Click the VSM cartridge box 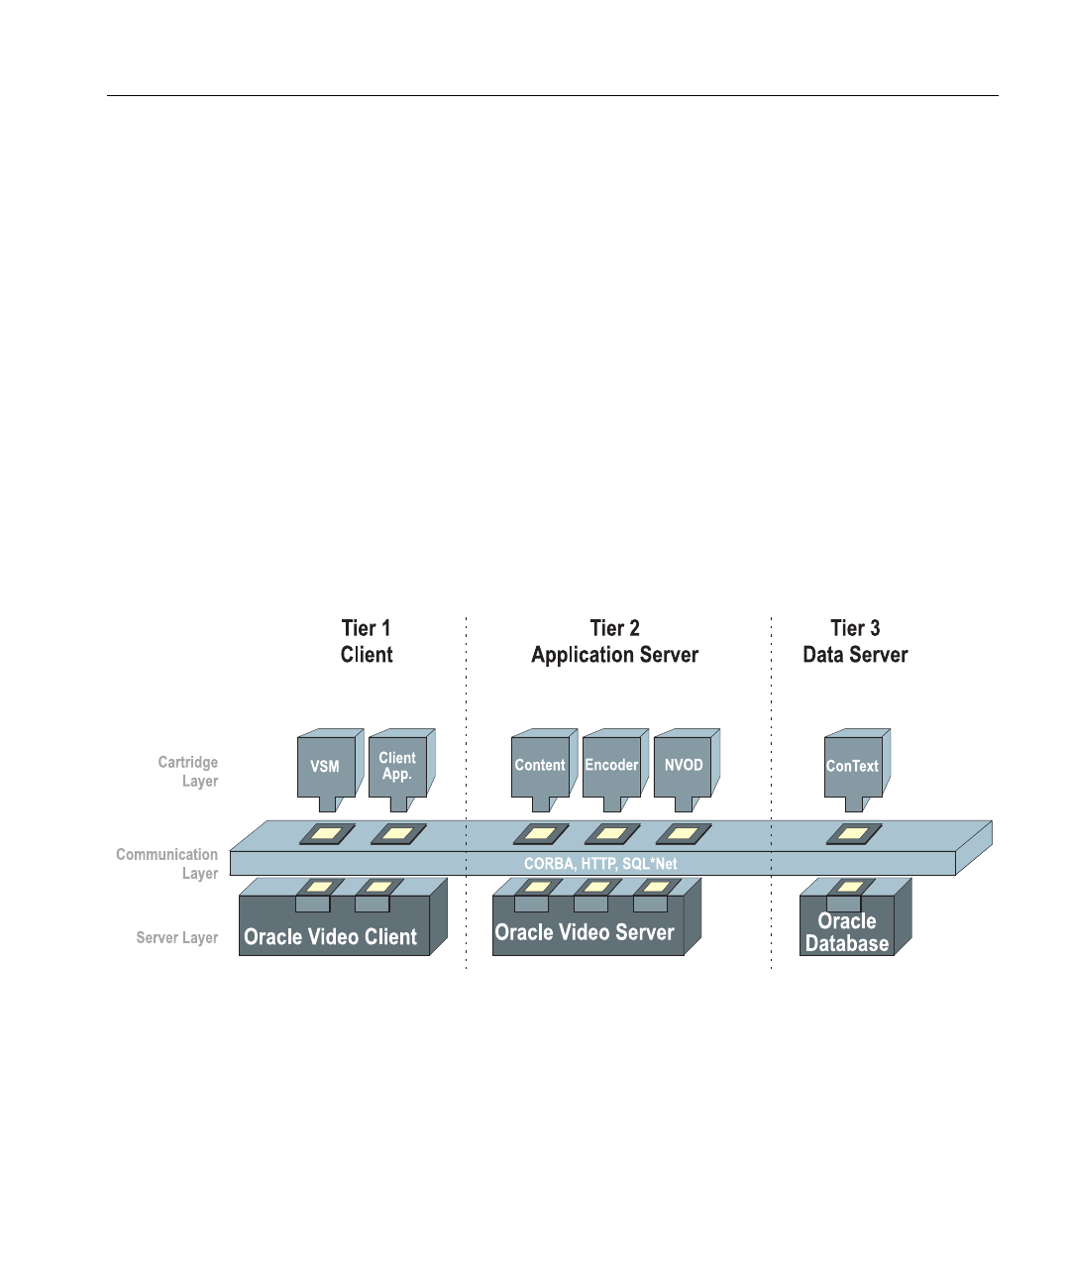point(326,766)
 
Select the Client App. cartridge point(397,766)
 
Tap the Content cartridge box point(540,765)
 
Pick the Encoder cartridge point(611,765)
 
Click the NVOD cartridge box point(684,765)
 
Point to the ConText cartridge point(852,766)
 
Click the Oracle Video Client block point(331,937)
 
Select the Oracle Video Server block point(585,933)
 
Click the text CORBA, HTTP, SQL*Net point(600,864)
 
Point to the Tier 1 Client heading point(367,641)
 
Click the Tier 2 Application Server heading point(615,641)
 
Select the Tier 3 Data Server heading point(855,641)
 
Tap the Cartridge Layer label point(188,772)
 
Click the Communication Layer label point(167,864)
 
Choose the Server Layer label point(177,937)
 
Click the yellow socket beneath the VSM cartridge point(327,834)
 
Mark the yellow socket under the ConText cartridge point(853,834)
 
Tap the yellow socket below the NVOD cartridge point(684,834)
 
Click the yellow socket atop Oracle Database point(850,886)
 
